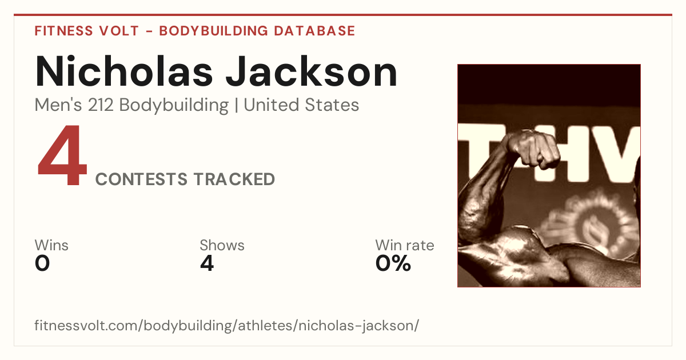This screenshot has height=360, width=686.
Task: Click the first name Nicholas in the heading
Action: [x=124, y=71]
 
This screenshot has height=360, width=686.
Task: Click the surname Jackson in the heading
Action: [x=312, y=71]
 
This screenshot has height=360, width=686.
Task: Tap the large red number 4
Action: [x=62, y=155]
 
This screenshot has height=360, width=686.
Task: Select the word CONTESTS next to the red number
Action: [x=141, y=179]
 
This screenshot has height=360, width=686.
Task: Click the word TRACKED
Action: [x=234, y=179]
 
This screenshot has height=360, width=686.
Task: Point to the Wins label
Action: [x=51, y=245]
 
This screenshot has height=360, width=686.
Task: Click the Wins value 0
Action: [x=42, y=263]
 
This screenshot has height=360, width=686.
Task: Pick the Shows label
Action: [x=222, y=245]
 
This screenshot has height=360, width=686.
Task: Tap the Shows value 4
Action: [x=207, y=263]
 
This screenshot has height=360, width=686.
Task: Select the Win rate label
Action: [x=405, y=245]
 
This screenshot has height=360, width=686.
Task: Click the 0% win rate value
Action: [x=393, y=263]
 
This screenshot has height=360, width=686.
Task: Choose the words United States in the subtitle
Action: [x=301, y=105]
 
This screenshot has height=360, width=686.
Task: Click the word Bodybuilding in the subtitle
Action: [x=174, y=106]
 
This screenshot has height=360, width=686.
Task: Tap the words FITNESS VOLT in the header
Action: [x=87, y=31]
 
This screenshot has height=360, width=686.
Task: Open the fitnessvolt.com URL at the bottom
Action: [x=226, y=325]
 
